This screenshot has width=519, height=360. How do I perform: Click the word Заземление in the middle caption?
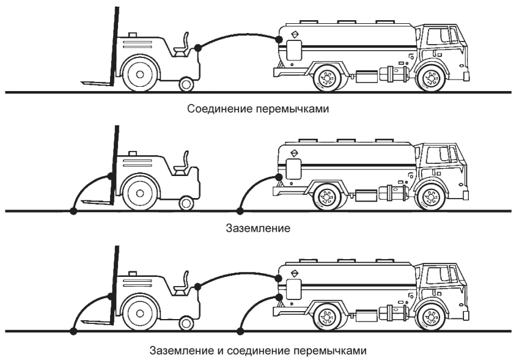click(258, 228)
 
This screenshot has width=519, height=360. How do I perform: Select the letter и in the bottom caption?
click(221, 350)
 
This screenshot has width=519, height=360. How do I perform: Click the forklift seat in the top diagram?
click(182, 46)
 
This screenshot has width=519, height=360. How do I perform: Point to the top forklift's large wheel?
click(139, 74)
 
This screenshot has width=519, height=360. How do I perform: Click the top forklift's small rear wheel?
click(186, 84)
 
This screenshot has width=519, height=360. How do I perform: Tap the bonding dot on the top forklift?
click(197, 48)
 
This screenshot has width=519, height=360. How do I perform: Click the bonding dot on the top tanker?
click(279, 40)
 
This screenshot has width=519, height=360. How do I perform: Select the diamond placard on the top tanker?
click(294, 34)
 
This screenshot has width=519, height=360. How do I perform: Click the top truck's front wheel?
click(431, 78)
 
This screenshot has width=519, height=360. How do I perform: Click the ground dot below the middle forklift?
click(73, 211)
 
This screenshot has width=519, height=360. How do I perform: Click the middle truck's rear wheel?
click(327, 197)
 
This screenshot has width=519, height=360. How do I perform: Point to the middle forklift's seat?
click(182, 164)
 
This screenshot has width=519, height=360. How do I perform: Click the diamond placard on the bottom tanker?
click(294, 273)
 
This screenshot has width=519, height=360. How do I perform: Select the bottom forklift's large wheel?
click(139, 313)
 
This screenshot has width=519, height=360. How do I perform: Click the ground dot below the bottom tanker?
click(241, 331)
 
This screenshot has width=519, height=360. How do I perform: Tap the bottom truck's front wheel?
click(431, 317)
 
